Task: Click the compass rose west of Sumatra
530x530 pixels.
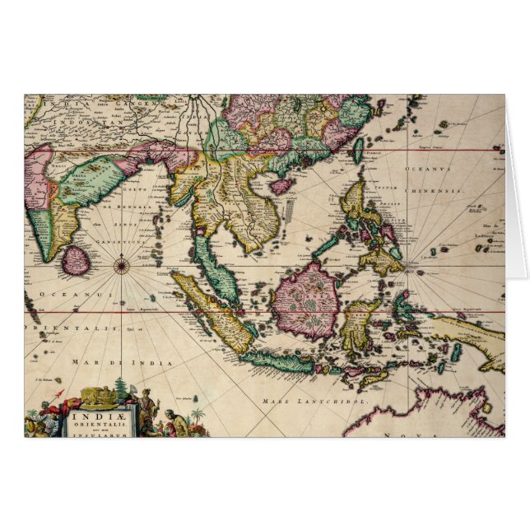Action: click(122, 265)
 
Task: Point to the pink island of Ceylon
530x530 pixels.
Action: click(77, 261)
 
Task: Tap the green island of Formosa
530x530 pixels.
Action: click(359, 149)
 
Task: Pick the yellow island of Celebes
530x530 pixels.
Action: click(358, 323)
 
